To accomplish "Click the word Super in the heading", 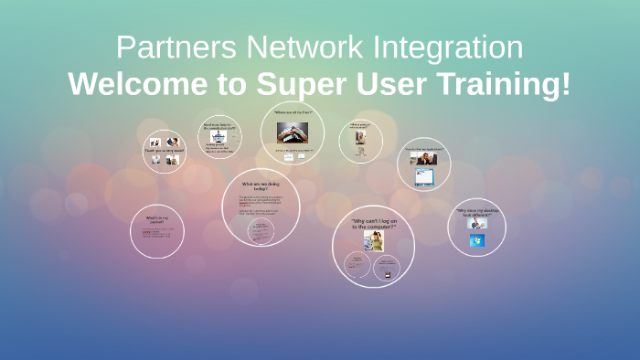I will click(x=293, y=84).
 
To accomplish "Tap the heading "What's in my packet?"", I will click(x=158, y=220).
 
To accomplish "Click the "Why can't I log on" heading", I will click(x=373, y=222).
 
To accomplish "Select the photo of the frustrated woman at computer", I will click(x=373, y=240).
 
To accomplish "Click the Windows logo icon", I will click(x=476, y=240).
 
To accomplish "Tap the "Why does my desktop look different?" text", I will click(x=476, y=212).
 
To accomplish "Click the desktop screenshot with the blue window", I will click(x=424, y=175).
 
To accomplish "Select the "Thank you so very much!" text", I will click(x=164, y=151).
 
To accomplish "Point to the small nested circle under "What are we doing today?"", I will click(x=261, y=231).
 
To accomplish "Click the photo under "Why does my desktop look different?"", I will click(x=476, y=224).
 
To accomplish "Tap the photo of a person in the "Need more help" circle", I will click(x=219, y=135).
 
